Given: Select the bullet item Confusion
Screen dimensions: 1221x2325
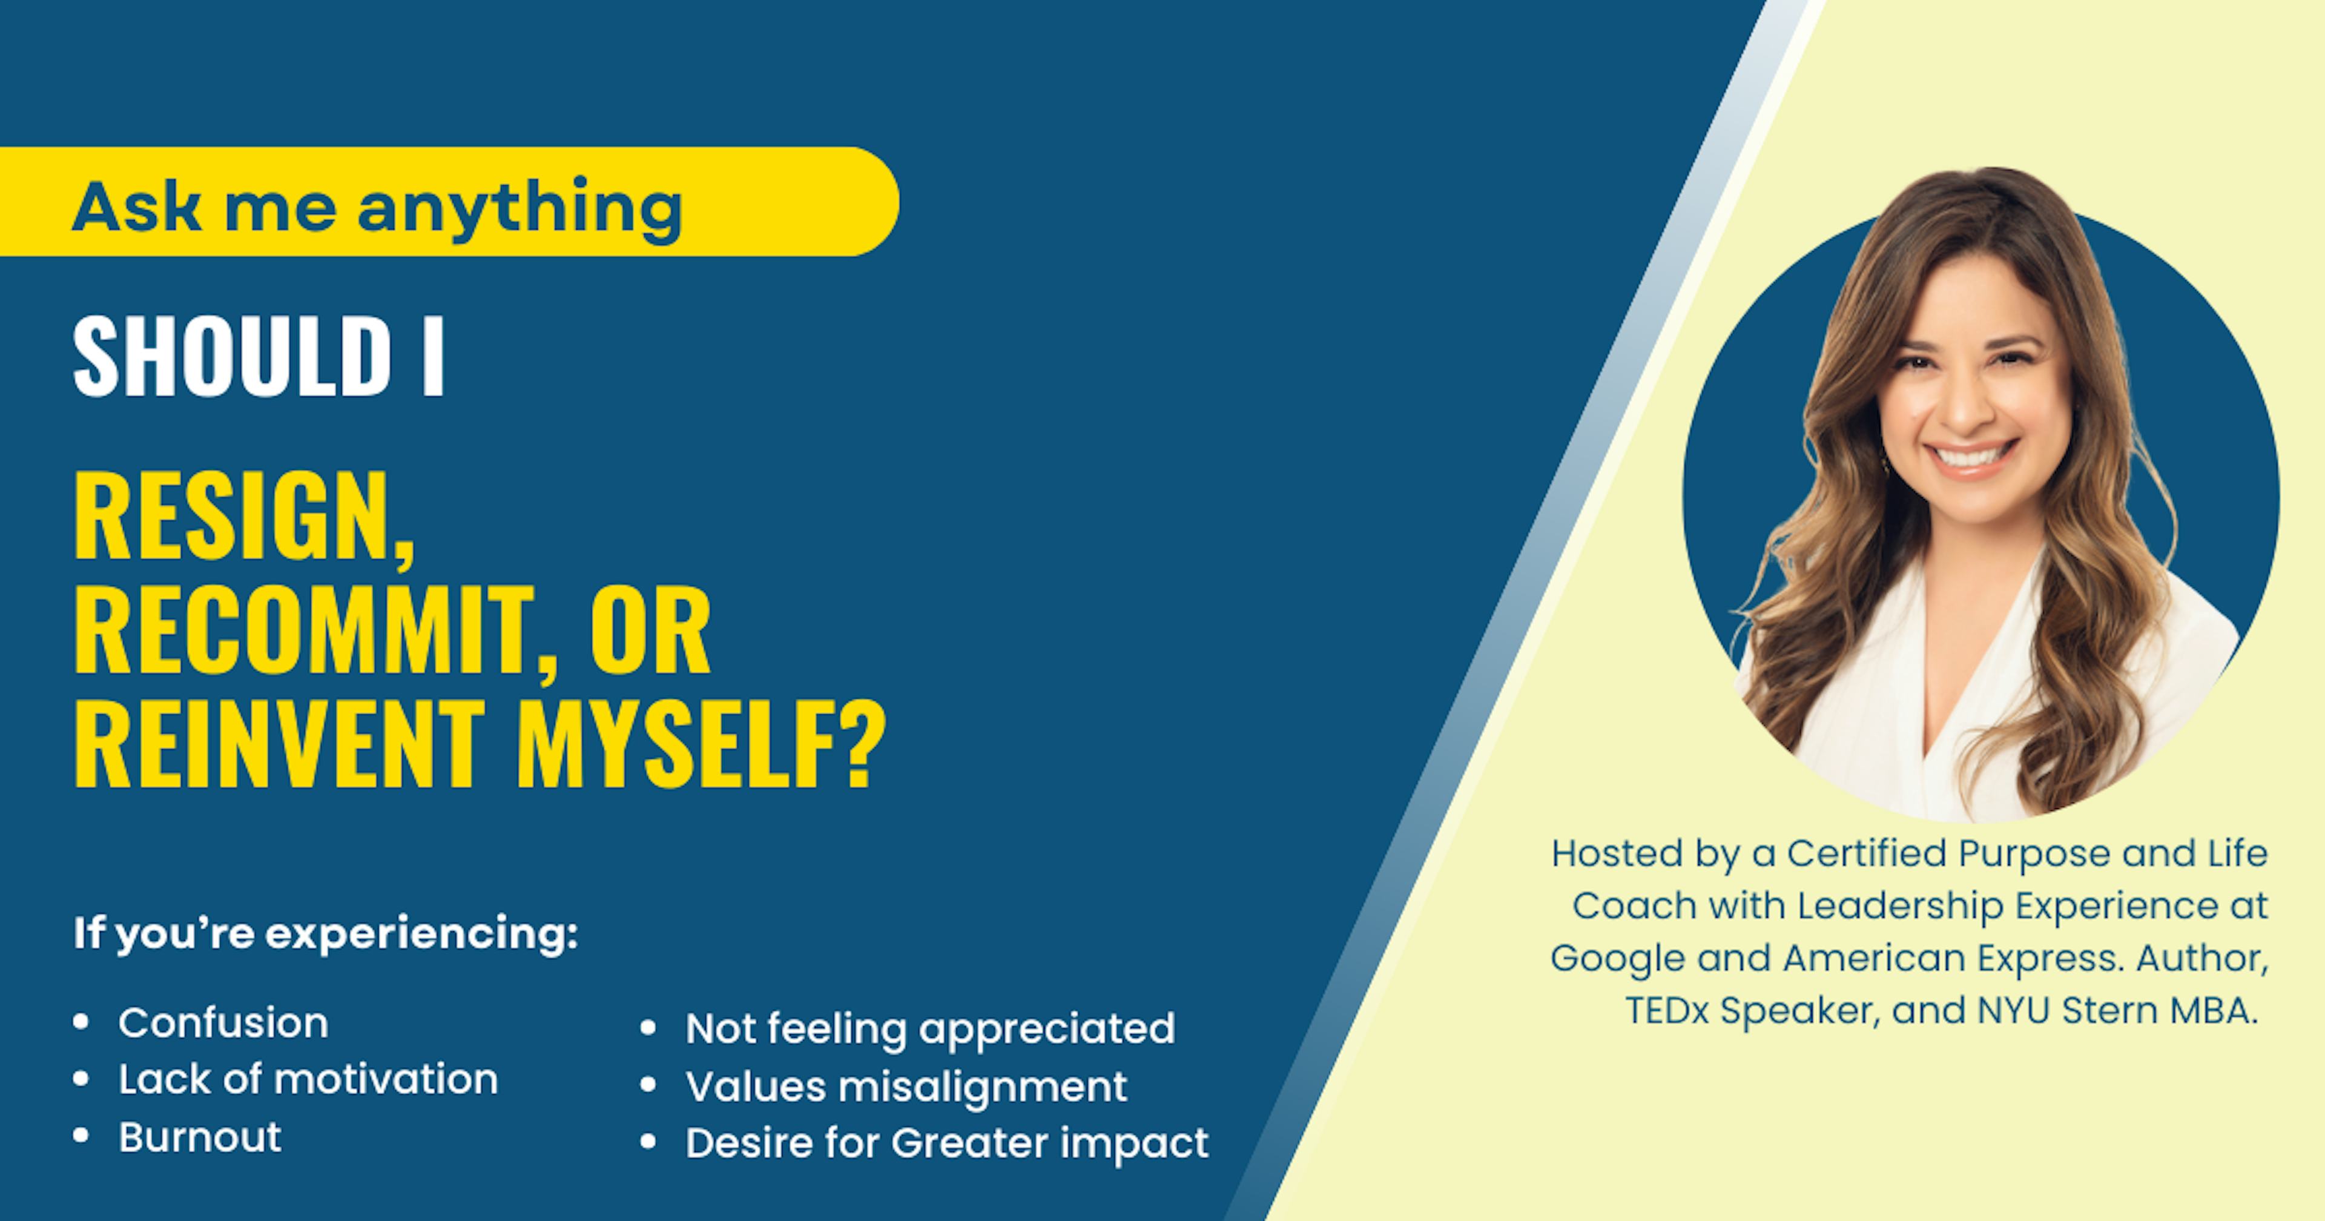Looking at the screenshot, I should pyautogui.click(x=223, y=1023).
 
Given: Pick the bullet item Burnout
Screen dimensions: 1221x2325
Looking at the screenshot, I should pyautogui.click(x=199, y=1137).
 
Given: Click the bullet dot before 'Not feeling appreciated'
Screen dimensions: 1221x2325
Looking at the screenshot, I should pyautogui.click(x=647, y=1028).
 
